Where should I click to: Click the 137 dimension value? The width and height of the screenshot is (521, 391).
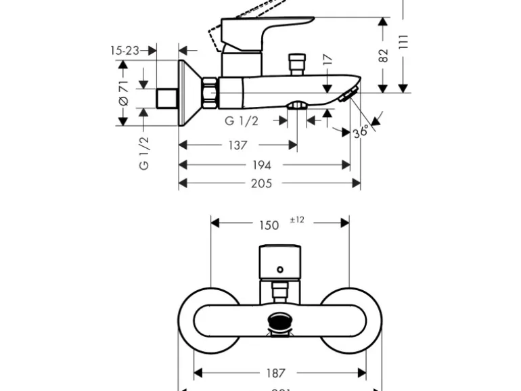point(237,145)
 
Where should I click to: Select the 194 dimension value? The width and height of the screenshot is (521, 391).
point(262,165)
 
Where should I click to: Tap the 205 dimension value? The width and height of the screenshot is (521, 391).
point(261,183)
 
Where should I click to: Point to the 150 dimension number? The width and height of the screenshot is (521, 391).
point(269,225)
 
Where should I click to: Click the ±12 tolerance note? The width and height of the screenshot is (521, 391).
point(297,220)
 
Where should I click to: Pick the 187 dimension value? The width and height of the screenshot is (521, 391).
point(276,373)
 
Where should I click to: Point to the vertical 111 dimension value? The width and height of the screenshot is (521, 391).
point(404,42)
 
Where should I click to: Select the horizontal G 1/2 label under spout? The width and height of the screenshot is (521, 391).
point(242,121)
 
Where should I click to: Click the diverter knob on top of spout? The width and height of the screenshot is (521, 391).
point(296,65)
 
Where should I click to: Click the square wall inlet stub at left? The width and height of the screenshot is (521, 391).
point(166,97)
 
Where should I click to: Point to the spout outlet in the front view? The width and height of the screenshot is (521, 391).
point(279,321)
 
